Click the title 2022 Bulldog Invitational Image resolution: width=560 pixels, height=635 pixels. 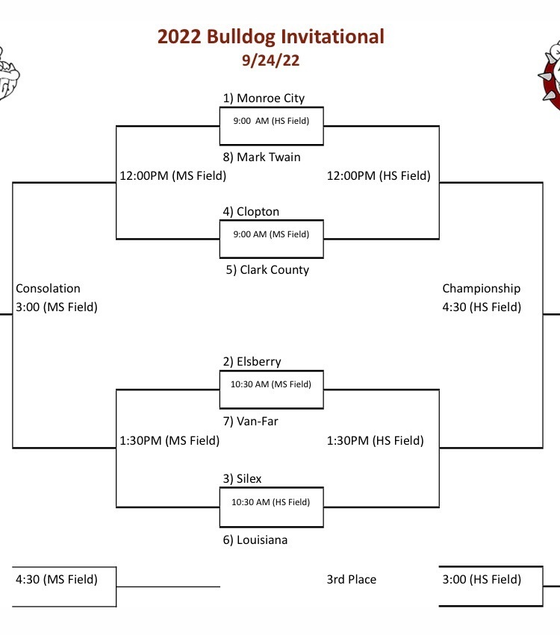[271, 37]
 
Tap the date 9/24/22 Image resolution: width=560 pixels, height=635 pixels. [271, 60]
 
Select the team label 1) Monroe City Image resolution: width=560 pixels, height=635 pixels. [264, 98]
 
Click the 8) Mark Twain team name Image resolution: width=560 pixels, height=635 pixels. [262, 157]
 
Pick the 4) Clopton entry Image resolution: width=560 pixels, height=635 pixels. [251, 211]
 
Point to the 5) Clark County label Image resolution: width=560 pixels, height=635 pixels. [267, 269]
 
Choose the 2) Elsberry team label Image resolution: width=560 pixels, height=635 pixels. [252, 361]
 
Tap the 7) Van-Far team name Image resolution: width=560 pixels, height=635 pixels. [250, 421]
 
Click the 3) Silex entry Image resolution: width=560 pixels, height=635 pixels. [243, 479]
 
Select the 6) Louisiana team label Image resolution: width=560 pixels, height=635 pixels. [255, 539]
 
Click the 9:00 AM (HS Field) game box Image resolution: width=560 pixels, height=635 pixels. [272, 126]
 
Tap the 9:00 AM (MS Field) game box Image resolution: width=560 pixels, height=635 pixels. [272, 239]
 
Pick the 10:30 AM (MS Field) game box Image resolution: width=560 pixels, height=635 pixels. [272, 390]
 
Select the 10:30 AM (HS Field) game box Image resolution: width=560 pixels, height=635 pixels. [272, 507]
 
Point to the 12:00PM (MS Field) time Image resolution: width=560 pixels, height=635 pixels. [173, 176]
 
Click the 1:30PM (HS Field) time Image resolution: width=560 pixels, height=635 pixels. [376, 440]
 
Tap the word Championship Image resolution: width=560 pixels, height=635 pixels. [482, 288]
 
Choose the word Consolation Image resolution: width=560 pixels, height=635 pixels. [49, 288]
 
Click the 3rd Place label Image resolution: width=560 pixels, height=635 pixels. [352, 580]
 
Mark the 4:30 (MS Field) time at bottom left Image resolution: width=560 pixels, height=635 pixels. [57, 580]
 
